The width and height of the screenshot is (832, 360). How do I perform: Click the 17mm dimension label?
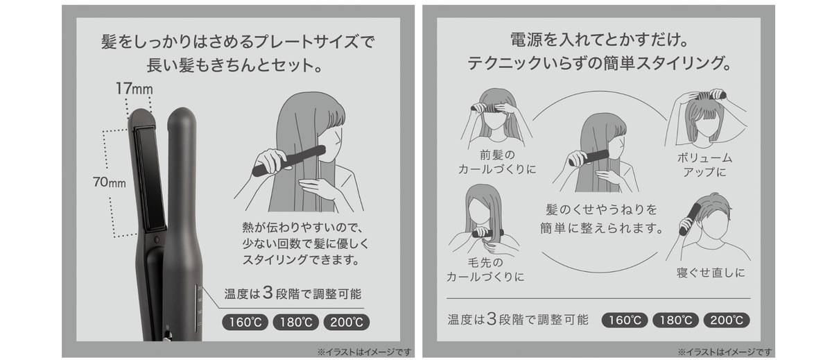pos(133,89)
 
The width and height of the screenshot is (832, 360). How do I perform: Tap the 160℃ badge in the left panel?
pos(245,322)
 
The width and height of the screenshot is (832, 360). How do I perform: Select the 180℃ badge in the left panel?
pos(295,322)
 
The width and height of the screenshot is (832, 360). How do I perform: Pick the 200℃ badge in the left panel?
pos(345,322)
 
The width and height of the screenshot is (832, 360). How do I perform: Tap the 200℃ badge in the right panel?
pos(726,320)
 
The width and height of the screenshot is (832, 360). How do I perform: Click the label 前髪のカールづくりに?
pos(497,162)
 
